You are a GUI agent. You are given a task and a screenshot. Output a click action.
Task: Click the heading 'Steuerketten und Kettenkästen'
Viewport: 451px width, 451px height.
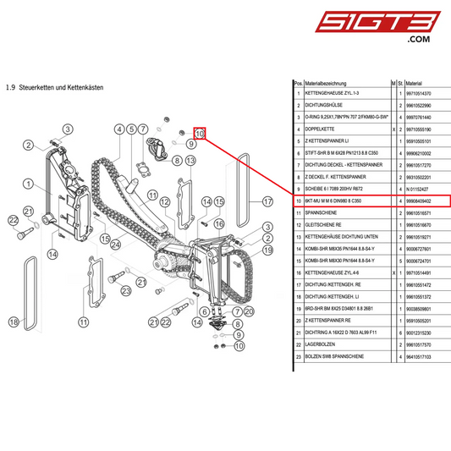64,87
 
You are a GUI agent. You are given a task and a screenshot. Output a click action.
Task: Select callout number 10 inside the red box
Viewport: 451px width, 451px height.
201,134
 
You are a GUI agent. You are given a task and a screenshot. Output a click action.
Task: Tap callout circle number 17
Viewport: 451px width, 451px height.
267,201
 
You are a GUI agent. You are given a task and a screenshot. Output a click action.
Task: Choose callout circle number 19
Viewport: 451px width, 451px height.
267,250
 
